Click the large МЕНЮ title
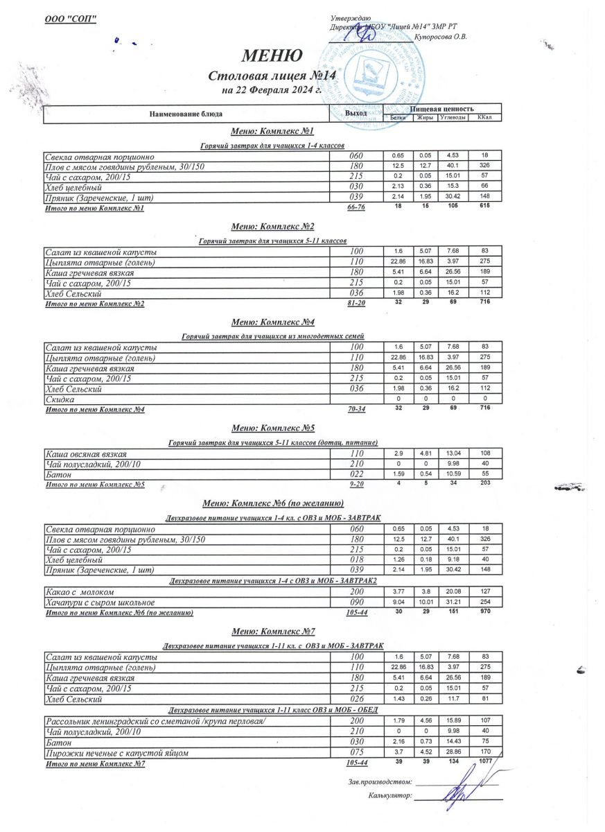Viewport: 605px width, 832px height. click(272, 55)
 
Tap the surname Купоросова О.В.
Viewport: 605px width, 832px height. click(440, 36)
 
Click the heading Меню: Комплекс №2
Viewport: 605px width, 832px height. click(273, 227)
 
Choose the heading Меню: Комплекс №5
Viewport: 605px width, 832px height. click(273, 428)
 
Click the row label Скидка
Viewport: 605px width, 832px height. click(60, 399)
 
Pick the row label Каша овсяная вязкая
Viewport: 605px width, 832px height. click(85, 453)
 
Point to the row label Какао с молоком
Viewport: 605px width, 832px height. click(84, 592)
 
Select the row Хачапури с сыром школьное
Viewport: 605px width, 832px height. click(100, 603)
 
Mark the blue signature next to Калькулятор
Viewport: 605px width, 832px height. click(458, 790)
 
